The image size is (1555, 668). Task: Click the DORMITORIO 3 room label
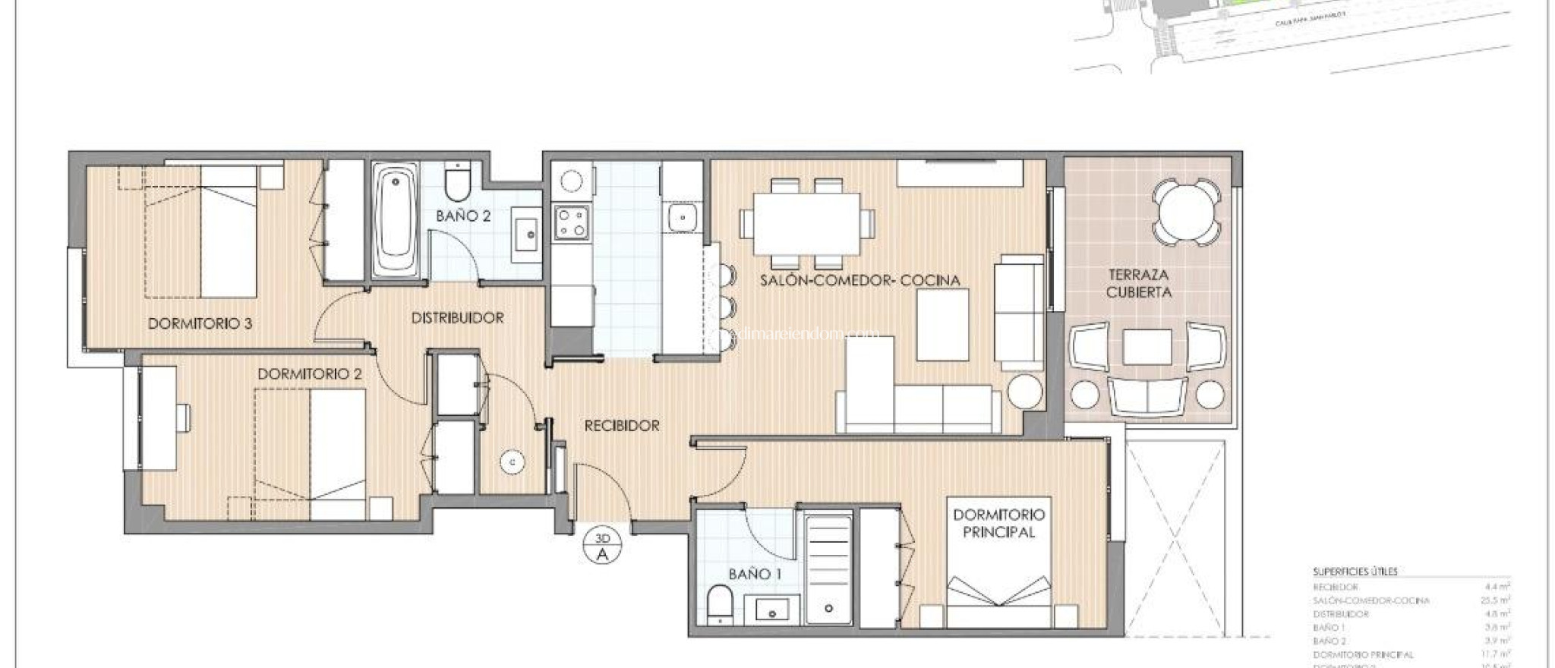(x=200, y=323)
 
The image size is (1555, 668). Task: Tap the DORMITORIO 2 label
(x=309, y=374)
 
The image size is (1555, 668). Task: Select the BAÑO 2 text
(x=463, y=216)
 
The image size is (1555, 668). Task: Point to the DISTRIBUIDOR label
(x=457, y=318)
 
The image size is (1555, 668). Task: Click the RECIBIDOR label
(x=622, y=426)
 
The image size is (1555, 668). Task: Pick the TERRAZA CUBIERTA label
(x=1138, y=283)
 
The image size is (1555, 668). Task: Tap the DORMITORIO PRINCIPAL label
(x=998, y=523)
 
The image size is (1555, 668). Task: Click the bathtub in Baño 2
(x=396, y=220)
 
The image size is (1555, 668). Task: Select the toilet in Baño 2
(x=458, y=181)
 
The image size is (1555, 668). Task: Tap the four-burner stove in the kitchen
(x=570, y=222)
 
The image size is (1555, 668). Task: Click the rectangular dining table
(x=807, y=224)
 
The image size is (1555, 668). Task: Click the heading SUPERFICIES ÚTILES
(x=1355, y=572)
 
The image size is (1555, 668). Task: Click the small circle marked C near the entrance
(x=513, y=461)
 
